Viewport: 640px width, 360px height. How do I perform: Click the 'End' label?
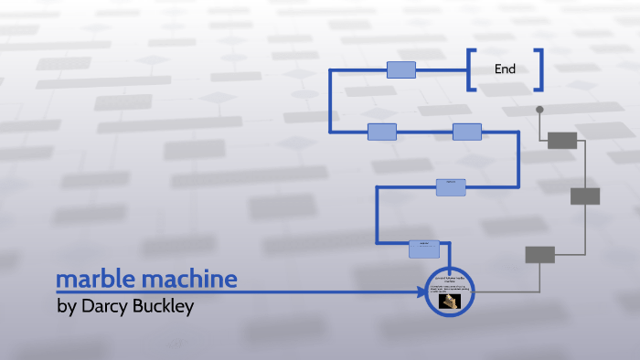pyautogui.click(x=505, y=69)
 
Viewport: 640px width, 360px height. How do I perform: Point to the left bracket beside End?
pyautogui.click(x=472, y=69)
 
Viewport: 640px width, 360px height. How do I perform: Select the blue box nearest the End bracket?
pyautogui.click(x=401, y=69)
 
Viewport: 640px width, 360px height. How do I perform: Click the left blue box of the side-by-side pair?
pyautogui.click(x=382, y=132)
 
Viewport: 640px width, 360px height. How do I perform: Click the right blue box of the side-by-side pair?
pyautogui.click(x=467, y=132)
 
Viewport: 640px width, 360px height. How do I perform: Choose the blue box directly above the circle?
pyautogui.click(x=424, y=248)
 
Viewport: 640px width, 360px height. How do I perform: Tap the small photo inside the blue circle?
pyautogui.click(x=449, y=302)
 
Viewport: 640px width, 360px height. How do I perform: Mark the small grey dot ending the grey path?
pyautogui.click(x=539, y=110)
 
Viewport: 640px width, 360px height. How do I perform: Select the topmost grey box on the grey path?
pyautogui.click(x=562, y=140)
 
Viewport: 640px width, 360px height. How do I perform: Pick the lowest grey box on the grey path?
pyautogui.click(x=539, y=255)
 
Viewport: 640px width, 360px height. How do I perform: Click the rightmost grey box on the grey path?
pyautogui.click(x=585, y=196)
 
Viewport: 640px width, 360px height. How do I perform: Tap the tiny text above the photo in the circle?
pyautogui.click(x=449, y=279)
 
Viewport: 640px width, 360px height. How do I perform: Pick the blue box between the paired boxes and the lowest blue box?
pyautogui.click(x=451, y=186)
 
